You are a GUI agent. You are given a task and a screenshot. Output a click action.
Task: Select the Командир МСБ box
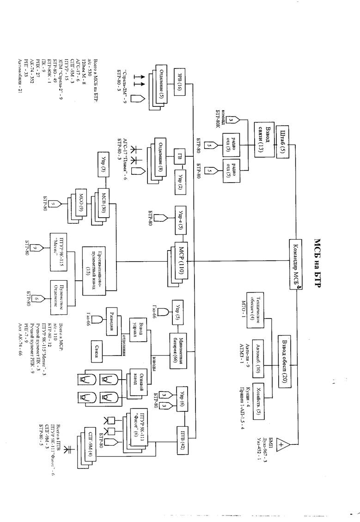coord(295,264)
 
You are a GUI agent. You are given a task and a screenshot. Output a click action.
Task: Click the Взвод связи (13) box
coord(263,139)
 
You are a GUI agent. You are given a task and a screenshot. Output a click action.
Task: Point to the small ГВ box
coord(178,157)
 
